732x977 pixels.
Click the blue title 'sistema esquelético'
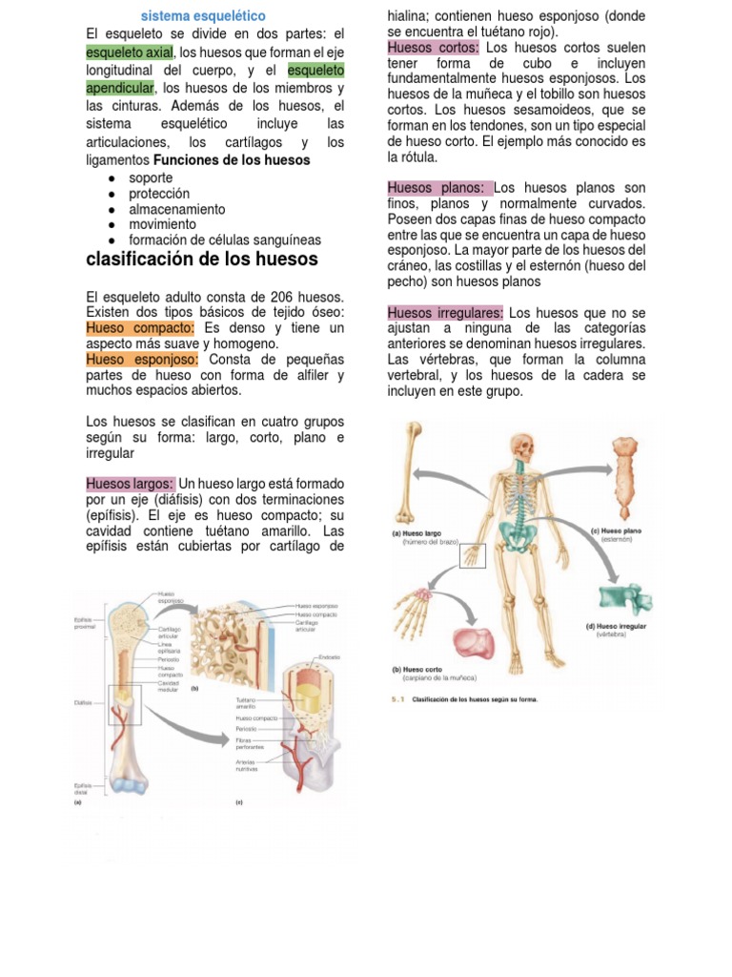point(203,16)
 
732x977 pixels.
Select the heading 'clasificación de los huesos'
point(201,260)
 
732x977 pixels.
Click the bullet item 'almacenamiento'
point(176,209)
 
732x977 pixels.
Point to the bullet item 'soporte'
point(151,178)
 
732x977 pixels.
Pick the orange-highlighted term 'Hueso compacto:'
point(140,327)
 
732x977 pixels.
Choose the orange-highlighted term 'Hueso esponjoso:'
point(142,359)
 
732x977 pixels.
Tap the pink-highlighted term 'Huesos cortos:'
point(433,48)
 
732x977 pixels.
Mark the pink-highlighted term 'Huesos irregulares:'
point(445,312)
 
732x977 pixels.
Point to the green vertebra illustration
point(625,598)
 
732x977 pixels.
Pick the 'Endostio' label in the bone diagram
point(329,657)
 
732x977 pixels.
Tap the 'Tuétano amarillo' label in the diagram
point(248,704)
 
